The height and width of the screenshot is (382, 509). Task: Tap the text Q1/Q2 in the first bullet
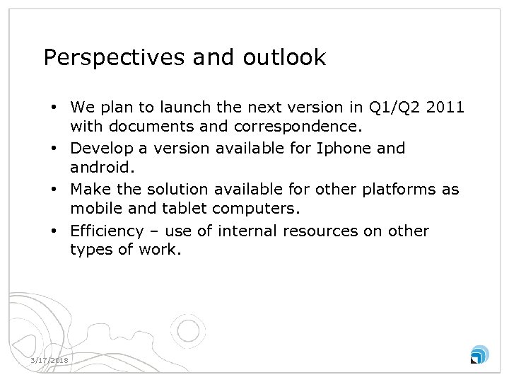coord(393,108)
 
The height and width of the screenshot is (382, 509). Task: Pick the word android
coord(100,169)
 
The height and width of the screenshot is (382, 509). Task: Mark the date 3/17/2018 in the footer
coord(49,361)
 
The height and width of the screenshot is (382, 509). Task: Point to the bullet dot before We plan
coord(54,108)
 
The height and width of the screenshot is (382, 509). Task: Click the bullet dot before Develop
coord(54,149)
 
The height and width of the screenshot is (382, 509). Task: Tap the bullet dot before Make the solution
coord(54,190)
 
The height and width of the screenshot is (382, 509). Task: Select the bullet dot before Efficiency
coord(54,231)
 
